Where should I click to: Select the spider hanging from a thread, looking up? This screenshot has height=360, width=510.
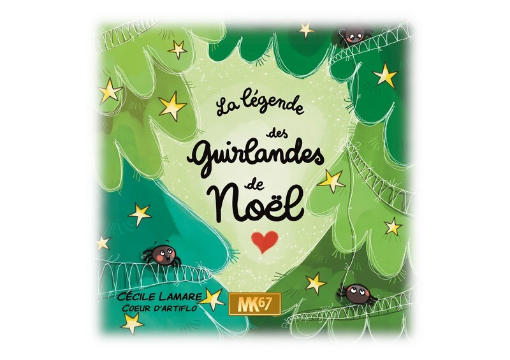coord(351,292)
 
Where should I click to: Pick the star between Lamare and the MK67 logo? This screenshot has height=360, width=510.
coord(214,298)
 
